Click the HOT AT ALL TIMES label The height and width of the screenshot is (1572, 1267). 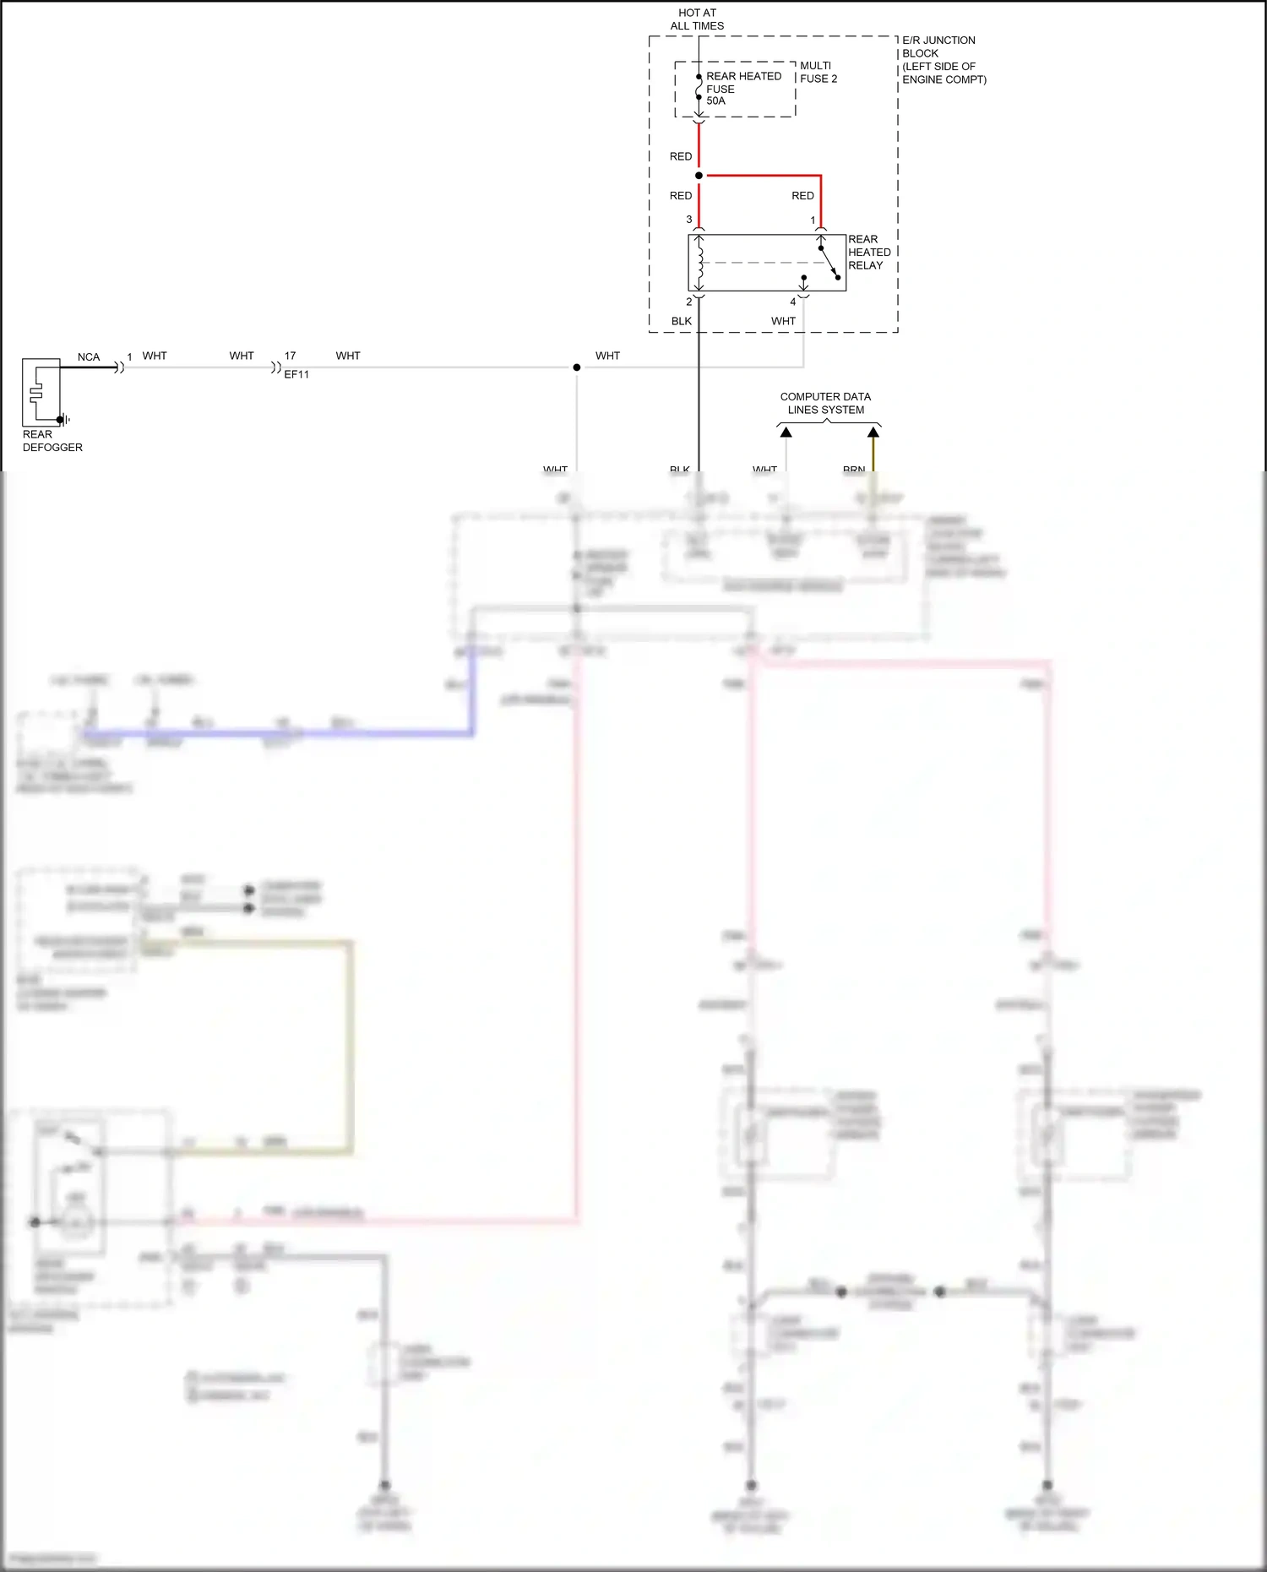click(697, 19)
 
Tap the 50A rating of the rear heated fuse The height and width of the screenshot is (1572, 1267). click(715, 101)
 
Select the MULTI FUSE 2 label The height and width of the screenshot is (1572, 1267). click(818, 72)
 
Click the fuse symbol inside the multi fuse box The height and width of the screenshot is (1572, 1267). click(699, 87)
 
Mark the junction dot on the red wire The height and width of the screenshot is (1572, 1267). click(699, 176)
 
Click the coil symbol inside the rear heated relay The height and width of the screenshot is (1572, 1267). click(699, 263)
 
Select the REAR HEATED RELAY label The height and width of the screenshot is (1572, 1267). click(868, 252)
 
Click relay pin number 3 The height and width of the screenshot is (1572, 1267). click(689, 220)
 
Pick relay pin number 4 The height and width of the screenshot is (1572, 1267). click(792, 302)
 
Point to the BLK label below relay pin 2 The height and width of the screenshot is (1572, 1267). click(681, 321)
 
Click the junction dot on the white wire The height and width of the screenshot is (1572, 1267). click(577, 367)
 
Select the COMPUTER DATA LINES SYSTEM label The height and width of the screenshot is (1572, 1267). click(825, 403)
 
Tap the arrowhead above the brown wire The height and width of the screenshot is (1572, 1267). click(873, 432)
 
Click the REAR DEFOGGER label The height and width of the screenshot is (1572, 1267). click(52, 441)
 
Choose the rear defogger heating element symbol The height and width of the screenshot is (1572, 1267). click(35, 392)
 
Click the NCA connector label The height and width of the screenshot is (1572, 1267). click(88, 356)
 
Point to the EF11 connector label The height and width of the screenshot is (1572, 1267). click(296, 374)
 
